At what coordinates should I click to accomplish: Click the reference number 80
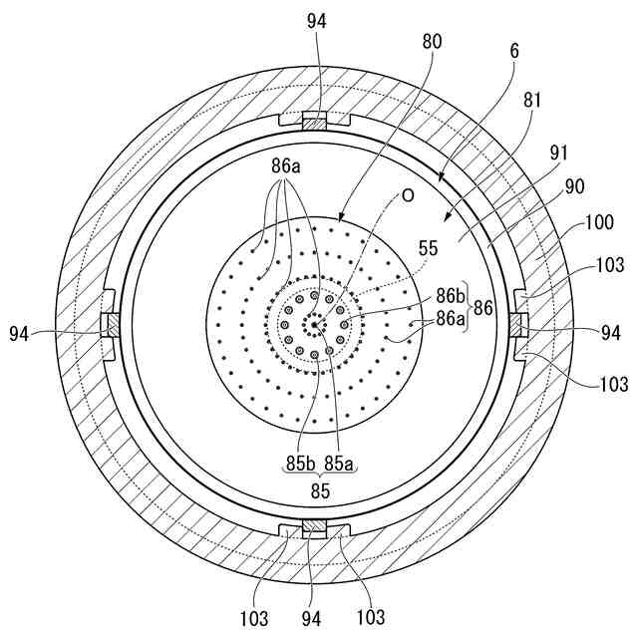tap(432, 43)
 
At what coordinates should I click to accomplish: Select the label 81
tap(532, 101)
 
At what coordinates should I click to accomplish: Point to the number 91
tap(560, 153)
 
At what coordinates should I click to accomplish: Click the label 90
tap(574, 185)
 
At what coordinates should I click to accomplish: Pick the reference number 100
tap(598, 224)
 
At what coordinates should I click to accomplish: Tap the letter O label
tap(408, 195)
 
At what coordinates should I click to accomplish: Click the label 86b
tap(449, 296)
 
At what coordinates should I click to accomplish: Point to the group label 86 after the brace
tap(483, 309)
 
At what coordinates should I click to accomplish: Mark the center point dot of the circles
tap(314, 324)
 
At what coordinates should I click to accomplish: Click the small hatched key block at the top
tap(315, 124)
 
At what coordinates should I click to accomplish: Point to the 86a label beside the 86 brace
tap(449, 321)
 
